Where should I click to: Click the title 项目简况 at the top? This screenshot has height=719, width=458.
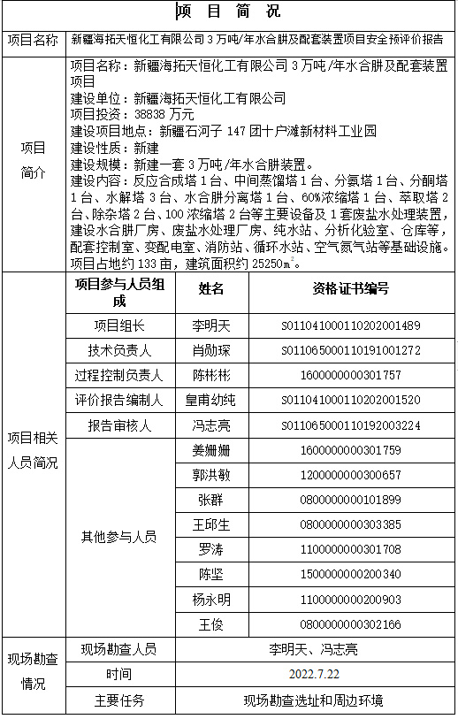[228, 11]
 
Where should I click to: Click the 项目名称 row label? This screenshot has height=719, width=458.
[33, 40]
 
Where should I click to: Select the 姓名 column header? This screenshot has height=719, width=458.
[211, 288]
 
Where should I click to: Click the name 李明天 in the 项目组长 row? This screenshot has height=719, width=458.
[211, 325]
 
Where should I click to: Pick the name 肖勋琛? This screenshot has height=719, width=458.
[211, 350]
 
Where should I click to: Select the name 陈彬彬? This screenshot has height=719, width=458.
[211, 375]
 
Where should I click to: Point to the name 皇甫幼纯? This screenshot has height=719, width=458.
[211, 400]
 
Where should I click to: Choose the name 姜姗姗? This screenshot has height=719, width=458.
[211, 450]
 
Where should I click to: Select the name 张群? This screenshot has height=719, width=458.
[211, 500]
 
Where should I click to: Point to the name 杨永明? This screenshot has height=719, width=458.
[211, 600]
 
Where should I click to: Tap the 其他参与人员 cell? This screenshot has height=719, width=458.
[119, 537]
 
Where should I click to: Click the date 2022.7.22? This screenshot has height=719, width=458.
[314, 674]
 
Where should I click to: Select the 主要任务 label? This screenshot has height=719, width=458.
[119, 700]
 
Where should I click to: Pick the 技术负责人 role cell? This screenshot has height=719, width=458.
[119, 350]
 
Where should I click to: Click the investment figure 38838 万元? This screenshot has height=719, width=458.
[164, 114]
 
